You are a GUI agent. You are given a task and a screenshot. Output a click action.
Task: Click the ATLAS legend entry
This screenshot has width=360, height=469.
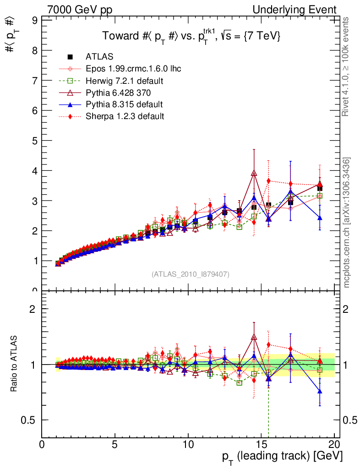pyautogui.click(x=99, y=57)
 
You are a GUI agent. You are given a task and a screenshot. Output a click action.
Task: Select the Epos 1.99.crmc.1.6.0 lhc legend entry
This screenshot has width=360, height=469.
pyautogui.click(x=133, y=69)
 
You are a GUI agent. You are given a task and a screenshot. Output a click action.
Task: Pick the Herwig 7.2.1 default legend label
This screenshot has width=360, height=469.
pyautogui.click(x=124, y=81)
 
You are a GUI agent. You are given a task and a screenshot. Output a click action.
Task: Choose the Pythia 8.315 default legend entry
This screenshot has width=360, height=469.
pyautogui.click(x=124, y=104)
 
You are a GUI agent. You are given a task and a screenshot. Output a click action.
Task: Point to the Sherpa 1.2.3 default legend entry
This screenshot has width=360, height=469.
pyautogui.click(x=125, y=116)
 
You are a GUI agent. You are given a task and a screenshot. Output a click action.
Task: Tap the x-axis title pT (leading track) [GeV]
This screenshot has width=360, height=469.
pyautogui.click(x=282, y=457)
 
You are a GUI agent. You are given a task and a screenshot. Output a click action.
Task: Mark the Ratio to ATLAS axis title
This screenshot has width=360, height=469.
pyautogui.click(x=15, y=364)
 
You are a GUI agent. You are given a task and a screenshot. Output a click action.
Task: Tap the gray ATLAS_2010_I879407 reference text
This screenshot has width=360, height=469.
pyautogui.click(x=191, y=274)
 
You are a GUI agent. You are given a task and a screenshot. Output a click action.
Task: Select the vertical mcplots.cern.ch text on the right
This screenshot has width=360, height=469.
pyautogui.click(x=347, y=222)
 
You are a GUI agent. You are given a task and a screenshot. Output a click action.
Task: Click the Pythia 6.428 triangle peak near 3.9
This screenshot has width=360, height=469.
pyautogui.click(x=254, y=173)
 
